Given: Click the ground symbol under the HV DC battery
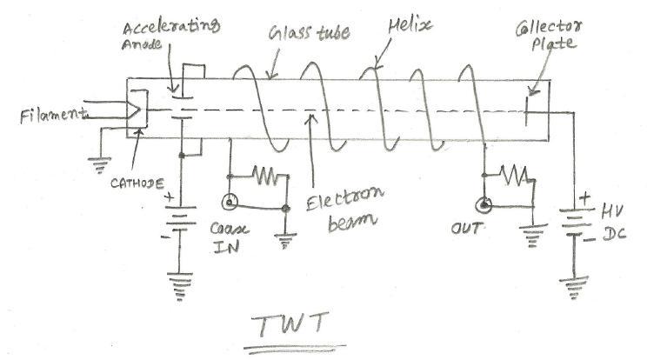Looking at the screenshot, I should (x=572, y=283).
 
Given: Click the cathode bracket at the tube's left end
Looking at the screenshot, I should (x=137, y=110).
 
